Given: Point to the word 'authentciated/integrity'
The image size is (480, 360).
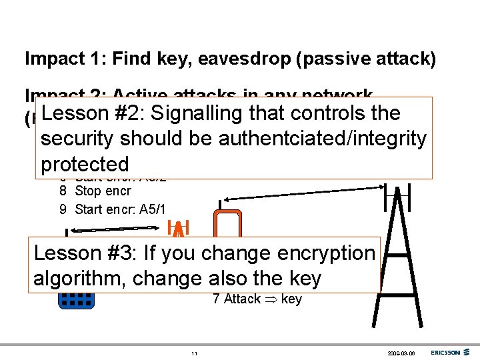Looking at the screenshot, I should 323,139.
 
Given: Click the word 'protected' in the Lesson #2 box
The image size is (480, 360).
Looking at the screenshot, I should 85,164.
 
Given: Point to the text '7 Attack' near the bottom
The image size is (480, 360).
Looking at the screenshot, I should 237,299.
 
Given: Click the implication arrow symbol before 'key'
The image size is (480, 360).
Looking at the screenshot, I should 271,299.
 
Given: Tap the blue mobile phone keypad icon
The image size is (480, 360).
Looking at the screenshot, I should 77,301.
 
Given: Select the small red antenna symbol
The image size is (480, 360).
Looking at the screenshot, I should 179,229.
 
